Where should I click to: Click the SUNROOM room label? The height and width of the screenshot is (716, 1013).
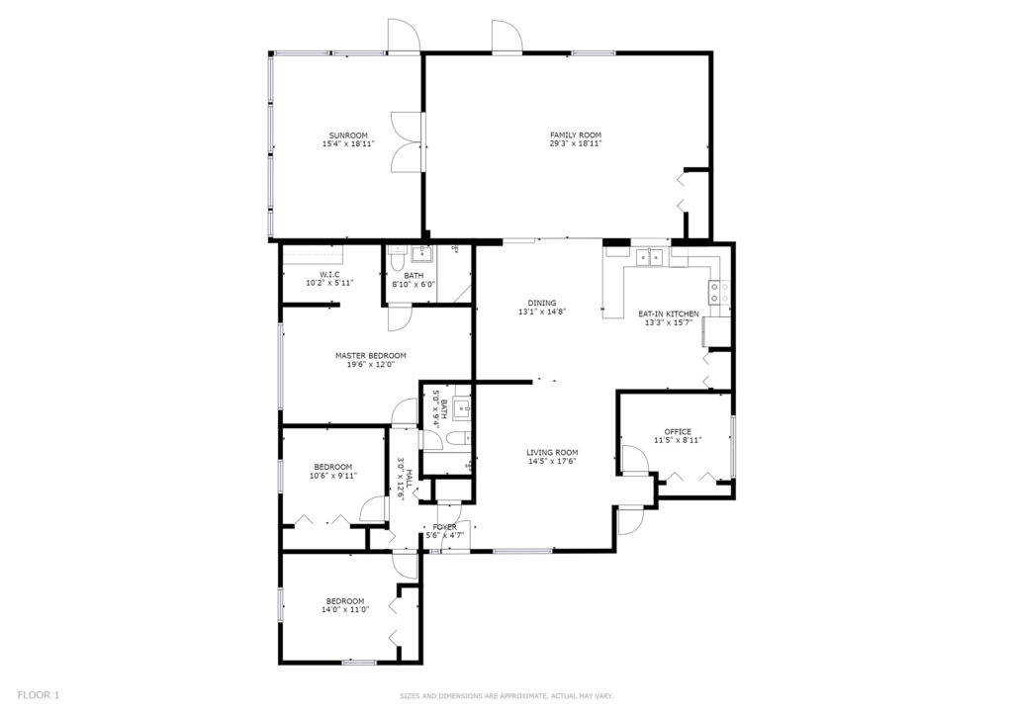(348, 135)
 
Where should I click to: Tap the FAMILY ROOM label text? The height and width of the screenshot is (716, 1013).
(576, 135)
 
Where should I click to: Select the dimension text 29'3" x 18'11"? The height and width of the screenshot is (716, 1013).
(576, 144)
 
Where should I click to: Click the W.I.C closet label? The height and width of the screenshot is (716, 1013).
(329, 274)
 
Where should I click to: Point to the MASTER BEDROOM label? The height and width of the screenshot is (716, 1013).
(371, 356)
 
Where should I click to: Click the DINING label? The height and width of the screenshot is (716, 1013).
(542, 304)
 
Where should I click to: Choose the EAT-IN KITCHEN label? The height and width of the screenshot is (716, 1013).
(669, 314)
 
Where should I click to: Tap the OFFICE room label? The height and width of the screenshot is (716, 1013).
(678, 432)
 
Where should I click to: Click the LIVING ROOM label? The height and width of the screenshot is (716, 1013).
(552, 453)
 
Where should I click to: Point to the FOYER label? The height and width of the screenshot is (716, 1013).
(445, 527)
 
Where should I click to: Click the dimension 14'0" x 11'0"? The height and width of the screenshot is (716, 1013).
(345, 609)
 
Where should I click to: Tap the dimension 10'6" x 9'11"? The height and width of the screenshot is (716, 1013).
(333, 476)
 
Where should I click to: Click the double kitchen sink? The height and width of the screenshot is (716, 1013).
(650, 257)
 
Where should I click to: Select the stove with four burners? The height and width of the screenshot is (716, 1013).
(720, 292)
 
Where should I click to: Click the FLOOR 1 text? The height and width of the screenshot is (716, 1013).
(39, 695)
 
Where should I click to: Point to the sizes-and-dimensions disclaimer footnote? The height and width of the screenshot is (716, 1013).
(506, 696)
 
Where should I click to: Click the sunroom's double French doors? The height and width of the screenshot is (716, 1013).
(409, 142)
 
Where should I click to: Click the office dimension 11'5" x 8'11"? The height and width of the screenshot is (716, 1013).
(678, 440)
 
